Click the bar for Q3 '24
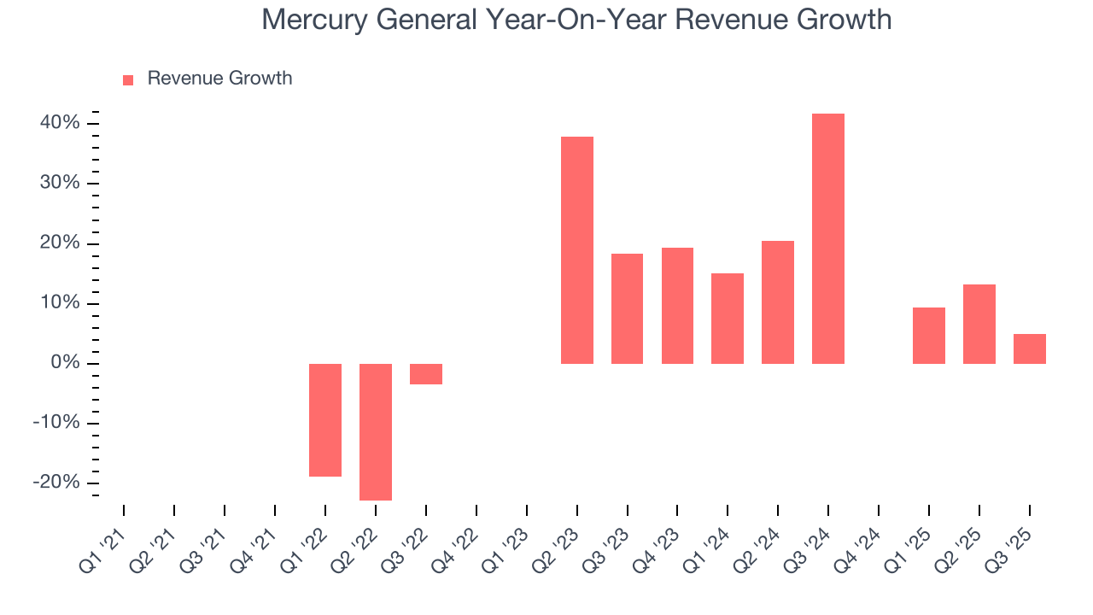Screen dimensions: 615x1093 pos(827,238)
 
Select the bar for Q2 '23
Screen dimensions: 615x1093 pos(576,250)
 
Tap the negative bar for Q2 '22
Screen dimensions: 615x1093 pos(376,431)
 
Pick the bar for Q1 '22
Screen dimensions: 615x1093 pos(325,419)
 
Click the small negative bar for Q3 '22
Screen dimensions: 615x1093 pos(426,374)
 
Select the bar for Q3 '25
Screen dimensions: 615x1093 pos(1029,348)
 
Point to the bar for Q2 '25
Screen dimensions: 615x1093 pos(979,324)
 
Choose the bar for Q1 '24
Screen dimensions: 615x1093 pos(728,319)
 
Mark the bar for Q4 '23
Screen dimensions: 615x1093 pos(677,306)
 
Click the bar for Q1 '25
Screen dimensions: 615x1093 pos(928,335)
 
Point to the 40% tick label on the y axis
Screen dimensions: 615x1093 pos(60,123)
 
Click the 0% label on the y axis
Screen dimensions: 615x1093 pos(65,364)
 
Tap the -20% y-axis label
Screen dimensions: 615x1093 pos(56,483)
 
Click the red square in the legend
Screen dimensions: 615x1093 pos(128,79)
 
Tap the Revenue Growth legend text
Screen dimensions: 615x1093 pos(219,79)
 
